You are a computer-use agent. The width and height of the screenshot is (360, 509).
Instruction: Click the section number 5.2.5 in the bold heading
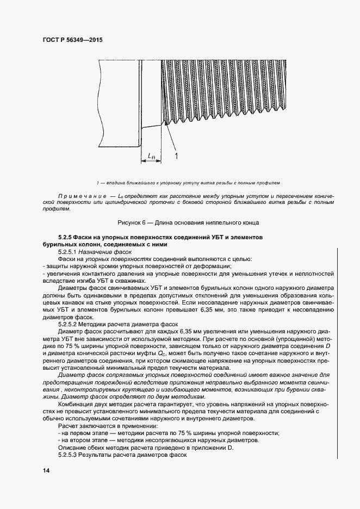66,238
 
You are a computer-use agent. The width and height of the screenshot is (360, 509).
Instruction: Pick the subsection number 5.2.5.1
70,252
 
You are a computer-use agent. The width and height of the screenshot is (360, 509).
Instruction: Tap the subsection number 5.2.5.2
70,325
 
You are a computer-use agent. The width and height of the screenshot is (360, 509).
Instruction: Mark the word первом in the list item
78,433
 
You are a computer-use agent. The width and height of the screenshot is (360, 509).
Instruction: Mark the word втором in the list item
78,440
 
